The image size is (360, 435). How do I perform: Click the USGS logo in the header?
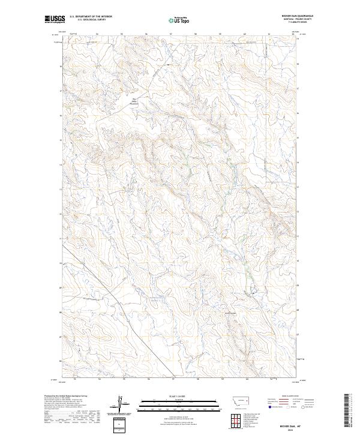point(55,19)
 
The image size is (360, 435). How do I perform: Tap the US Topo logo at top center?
point(179,19)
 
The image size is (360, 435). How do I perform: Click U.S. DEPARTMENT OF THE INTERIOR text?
point(91,17)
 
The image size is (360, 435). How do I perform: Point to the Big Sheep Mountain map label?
point(135,101)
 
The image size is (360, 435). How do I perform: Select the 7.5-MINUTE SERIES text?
point(306,23)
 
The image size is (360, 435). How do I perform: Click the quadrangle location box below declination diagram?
point(120,424)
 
